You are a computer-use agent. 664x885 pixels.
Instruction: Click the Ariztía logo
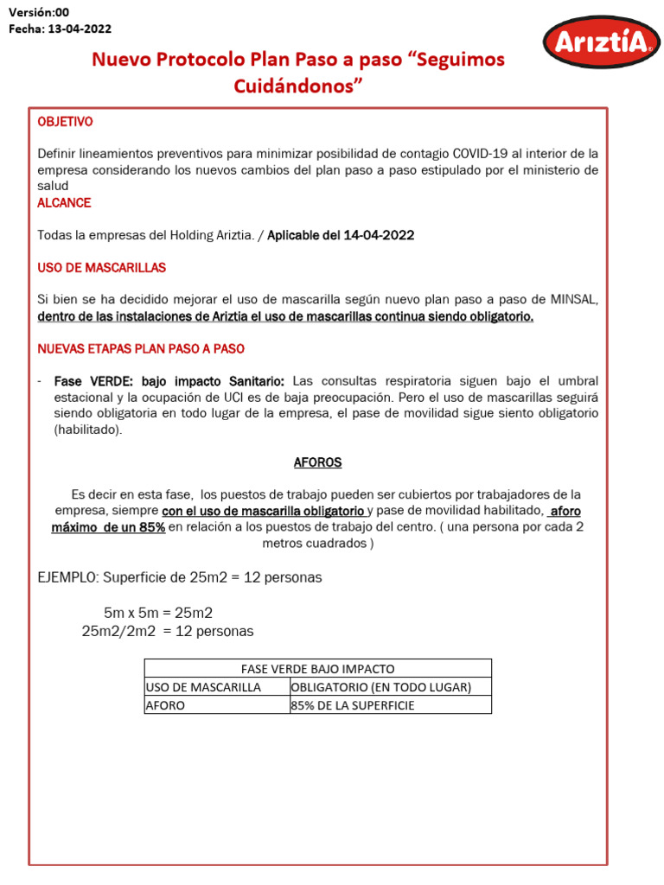[600, 42]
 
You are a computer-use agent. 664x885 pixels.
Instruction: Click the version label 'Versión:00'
[39, 11]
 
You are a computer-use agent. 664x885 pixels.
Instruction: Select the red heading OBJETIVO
[65, 122]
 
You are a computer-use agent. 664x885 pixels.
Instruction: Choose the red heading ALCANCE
[64, 203]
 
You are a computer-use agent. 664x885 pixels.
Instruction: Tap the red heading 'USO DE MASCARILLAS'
[101, 268]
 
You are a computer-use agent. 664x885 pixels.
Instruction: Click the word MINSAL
[574, 300]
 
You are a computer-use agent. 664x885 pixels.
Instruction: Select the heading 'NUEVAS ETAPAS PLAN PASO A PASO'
[141, 349]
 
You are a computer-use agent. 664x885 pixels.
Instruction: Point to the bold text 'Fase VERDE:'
[86, 381]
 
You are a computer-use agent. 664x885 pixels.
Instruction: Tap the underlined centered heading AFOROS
[317, 462]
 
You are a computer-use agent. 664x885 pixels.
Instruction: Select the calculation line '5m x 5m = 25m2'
[158, 614]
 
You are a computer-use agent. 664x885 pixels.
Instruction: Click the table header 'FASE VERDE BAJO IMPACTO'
[316, 669]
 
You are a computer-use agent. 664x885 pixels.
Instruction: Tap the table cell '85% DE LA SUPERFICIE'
[354, 705]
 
